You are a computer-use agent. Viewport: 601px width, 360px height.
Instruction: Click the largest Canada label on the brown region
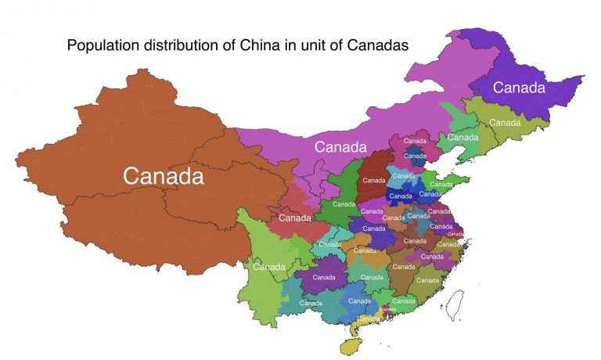point(164,177)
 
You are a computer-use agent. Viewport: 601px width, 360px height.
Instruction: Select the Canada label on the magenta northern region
point(340,146)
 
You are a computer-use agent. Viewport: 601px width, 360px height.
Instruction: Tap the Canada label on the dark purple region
point(518,88)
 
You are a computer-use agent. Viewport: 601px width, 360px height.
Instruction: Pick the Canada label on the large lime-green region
point(269,267)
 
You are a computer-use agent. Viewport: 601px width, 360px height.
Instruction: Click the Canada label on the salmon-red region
point(295,218)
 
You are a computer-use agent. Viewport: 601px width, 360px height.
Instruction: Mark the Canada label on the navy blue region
point(401,196)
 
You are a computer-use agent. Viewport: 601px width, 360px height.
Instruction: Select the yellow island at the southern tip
point(349,345)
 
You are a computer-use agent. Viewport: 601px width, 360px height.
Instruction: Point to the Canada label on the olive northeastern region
point(505,123)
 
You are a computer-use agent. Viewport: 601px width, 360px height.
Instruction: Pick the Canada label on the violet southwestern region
point(324,277)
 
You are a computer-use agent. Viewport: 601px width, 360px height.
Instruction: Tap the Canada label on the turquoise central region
point(329,244)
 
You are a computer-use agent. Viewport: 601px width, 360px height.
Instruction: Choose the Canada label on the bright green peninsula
point(441,185)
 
